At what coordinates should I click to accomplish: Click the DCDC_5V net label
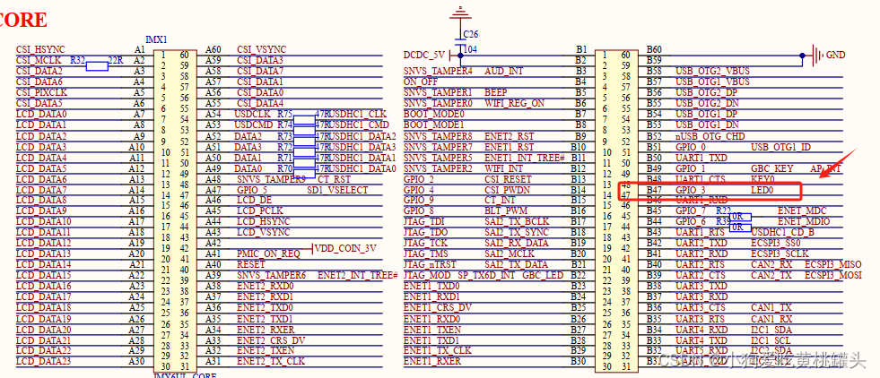click(425, 56)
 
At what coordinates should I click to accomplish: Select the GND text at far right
click(835, 55)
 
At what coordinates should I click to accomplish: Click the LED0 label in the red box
click(764, 191)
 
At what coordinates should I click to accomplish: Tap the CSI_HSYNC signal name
click(40, 49)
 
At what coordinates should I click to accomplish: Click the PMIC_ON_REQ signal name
click(268, 253)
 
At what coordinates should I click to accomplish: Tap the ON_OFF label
click(421, 82)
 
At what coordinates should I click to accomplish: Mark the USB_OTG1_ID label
click(780, 147)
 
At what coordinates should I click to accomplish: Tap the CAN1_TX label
click(771, 307)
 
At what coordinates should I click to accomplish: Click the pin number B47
click(654, 191)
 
